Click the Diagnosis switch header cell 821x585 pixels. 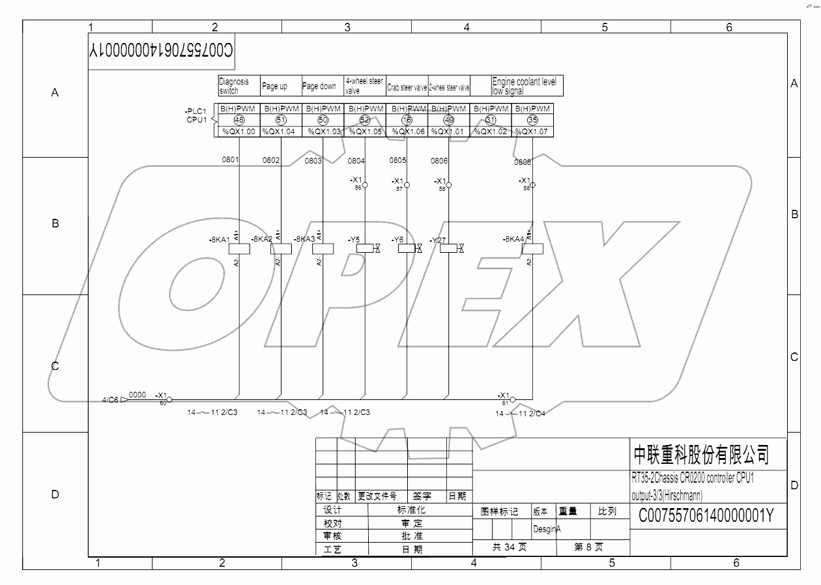(x=238, y=86)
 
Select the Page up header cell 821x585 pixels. (x=281, y=86)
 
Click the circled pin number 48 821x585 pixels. (x=239, y=120)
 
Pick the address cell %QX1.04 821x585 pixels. (x=281, y=132)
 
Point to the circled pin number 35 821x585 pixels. (x=532, y=120)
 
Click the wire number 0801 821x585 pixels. (x=231, y=160)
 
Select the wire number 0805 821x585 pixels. (x=397, y=160)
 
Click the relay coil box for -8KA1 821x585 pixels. (x=240, y=248)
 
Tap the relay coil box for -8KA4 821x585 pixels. (x=532, y=248)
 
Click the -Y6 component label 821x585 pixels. (x=397, y=240)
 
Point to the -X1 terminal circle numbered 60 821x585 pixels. (x=169, y=399)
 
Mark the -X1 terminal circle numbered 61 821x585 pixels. (x=513, y=399)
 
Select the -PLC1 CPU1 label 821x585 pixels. (x=196, y=115)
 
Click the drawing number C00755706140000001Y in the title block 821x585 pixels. (x=705, y=517)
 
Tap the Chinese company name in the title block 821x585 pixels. (x=701, y=453)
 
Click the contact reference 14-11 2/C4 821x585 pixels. (x=520, y=413)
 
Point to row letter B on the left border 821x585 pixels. (x=55, y=223)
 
